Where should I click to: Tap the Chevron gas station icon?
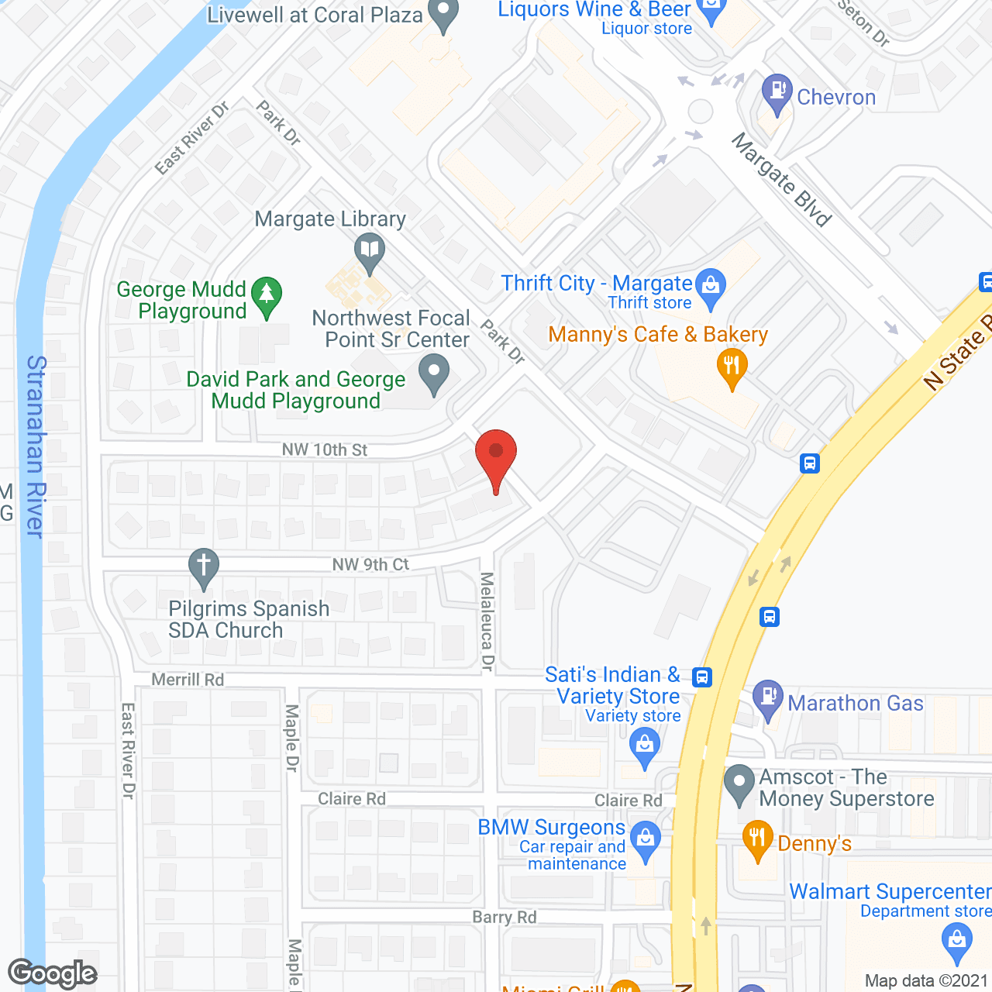click(776, 91)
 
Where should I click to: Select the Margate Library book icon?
click(370, 251)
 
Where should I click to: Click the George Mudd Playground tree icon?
click(267, 294)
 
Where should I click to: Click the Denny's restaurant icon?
click(757, 839)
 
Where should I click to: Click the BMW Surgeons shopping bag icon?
click(645, 839)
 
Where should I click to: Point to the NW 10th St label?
click(325, 449)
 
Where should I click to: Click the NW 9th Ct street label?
click(370, 564)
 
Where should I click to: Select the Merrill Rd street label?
click(188, 680)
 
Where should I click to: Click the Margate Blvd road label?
click(781, 180)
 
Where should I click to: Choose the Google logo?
click(53, 973)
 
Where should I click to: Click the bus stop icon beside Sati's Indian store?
click(702, 677)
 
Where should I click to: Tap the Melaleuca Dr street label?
click(487, 621)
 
